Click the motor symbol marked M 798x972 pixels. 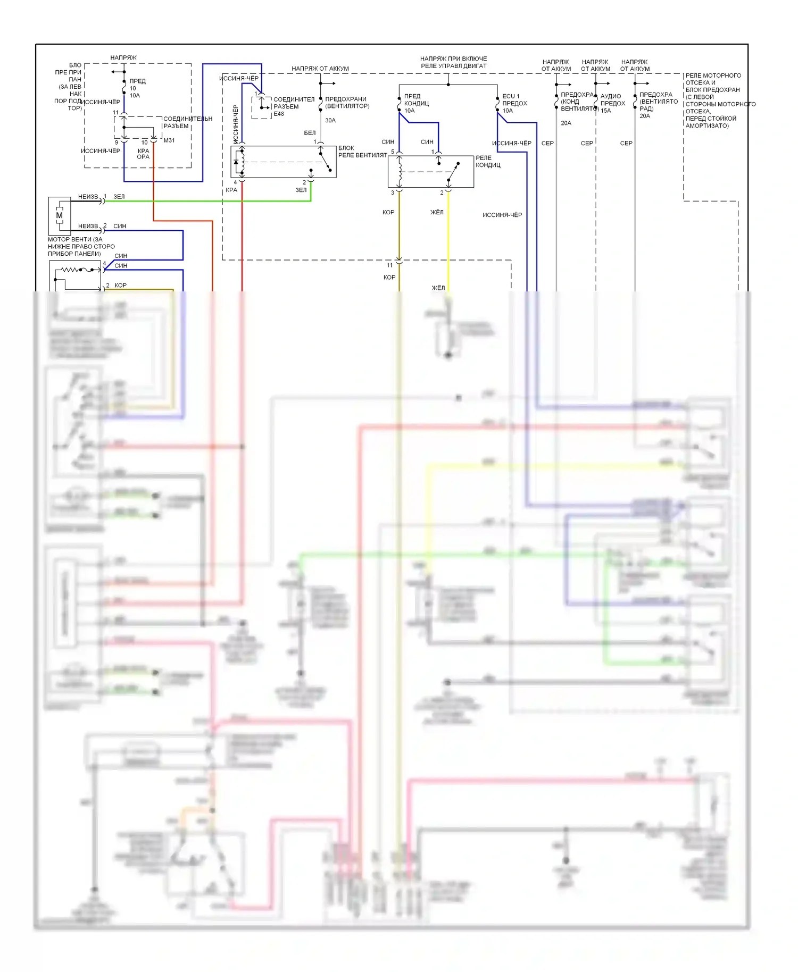pos(59,215)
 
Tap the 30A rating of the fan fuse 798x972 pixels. pos(330,121)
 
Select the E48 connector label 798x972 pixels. pos(279,114)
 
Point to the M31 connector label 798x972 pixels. pos(169,140)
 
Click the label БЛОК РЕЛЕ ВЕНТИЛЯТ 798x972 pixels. pos(362,152)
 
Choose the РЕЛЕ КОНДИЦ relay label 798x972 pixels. pos(488,162)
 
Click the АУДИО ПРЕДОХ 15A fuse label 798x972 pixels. pos(612,103)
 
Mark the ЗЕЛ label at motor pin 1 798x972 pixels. pos(119,197)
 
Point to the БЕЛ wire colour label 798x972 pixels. pos(310,133)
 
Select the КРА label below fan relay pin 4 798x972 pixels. pos(231,190)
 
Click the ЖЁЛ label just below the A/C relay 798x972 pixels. pos(437,212)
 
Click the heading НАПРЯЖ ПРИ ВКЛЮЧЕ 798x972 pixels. pos(453,58)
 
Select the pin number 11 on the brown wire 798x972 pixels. pos(390,265)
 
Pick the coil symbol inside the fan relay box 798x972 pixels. pos(242,162)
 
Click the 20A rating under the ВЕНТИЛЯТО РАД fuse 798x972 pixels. pos(645,116)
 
